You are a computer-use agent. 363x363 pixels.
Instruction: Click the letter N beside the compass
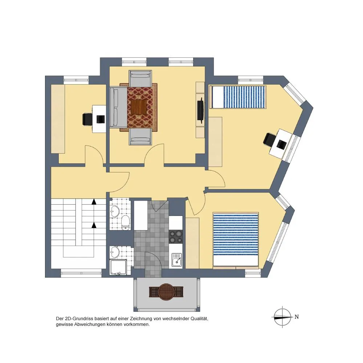297,317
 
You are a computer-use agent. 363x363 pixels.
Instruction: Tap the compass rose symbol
282,317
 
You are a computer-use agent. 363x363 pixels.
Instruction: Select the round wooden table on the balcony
166,292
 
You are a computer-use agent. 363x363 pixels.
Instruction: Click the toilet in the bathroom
126,223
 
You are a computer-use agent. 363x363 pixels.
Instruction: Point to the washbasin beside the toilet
115,211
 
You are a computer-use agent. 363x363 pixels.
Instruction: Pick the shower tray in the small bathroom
118,268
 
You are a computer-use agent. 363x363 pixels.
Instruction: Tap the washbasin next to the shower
115,252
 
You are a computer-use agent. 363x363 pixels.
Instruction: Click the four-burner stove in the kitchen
175,237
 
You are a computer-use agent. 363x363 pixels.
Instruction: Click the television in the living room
200,110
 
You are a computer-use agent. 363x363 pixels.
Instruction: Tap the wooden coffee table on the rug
139,107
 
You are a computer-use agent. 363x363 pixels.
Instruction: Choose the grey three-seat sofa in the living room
118,107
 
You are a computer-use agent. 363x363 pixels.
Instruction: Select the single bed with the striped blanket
237,97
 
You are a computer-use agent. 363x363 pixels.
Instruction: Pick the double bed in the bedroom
236,239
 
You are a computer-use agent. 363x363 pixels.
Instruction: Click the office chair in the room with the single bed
269,139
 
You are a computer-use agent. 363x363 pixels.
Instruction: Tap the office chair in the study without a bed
87,119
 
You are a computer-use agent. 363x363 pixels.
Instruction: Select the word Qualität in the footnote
199,319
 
